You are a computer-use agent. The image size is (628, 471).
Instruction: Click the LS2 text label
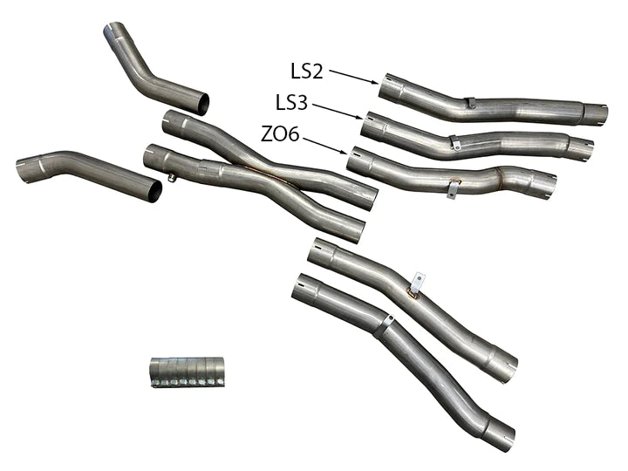[307, 70]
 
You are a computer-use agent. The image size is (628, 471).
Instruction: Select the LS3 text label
[291, 103]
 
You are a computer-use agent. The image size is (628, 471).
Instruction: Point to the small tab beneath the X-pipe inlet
[173, 179]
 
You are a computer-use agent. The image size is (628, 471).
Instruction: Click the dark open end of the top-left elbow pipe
[201, 105]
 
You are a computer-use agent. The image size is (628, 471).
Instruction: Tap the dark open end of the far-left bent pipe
[154, 191]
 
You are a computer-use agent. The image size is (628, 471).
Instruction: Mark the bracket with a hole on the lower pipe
[418, 282]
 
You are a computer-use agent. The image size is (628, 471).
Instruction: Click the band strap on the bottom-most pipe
[383, 326]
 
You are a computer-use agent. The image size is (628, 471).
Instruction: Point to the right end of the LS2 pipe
[596, 113]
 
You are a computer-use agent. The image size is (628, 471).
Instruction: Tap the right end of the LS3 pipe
[582, 147]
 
